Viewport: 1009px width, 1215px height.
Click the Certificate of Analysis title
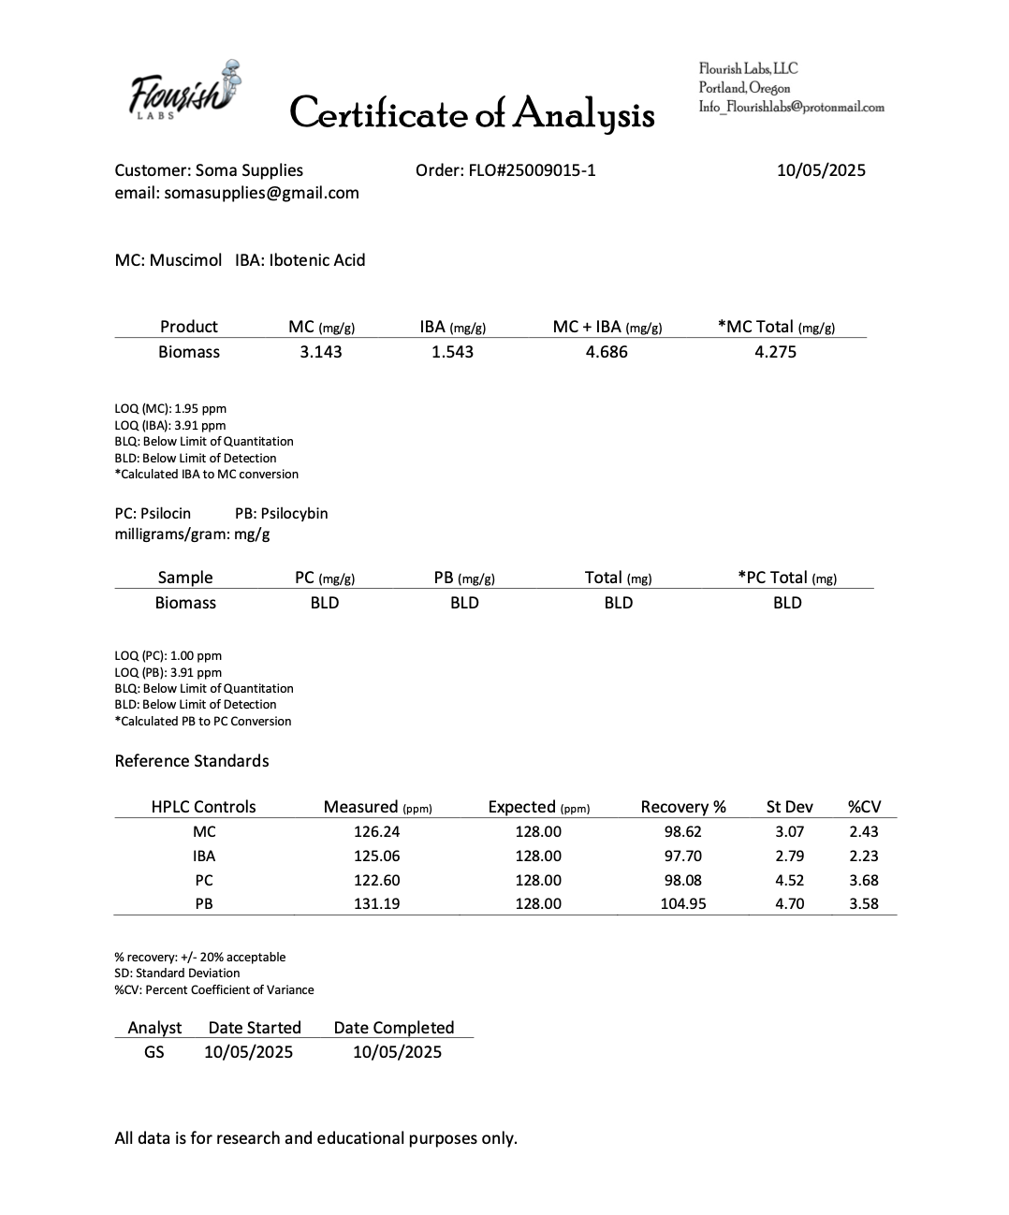tap(472, 113)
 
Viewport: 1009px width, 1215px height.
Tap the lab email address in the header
tap(791, 107)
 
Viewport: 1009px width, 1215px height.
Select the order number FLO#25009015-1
tap(505, 170)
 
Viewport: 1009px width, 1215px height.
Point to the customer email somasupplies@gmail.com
tap(237, 193)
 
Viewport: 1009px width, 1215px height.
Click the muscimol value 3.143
tap(321, 352)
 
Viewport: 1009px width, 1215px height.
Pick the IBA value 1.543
tap(452, 352)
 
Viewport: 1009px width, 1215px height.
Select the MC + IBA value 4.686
tap(607, 352)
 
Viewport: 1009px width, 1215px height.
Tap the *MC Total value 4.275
tap(775, 352)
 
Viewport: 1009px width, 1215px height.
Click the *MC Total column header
tap(776, 327)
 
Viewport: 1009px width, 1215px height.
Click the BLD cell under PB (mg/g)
tap(464, 603)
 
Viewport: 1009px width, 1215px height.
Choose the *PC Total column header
tap(787, 578)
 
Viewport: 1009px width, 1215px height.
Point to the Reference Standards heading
tap(192, 761)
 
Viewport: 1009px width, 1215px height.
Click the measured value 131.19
tap(377, 903)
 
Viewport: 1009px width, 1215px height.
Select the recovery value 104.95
tap(683, 903)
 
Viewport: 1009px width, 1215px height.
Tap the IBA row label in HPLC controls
tap(204, 856)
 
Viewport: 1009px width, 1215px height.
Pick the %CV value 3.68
tap(864, 880)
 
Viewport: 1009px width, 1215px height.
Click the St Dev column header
tap(790, 807)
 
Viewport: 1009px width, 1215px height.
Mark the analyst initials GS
tap(154, 1052)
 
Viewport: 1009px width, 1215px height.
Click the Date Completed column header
tap(394, 1028)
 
